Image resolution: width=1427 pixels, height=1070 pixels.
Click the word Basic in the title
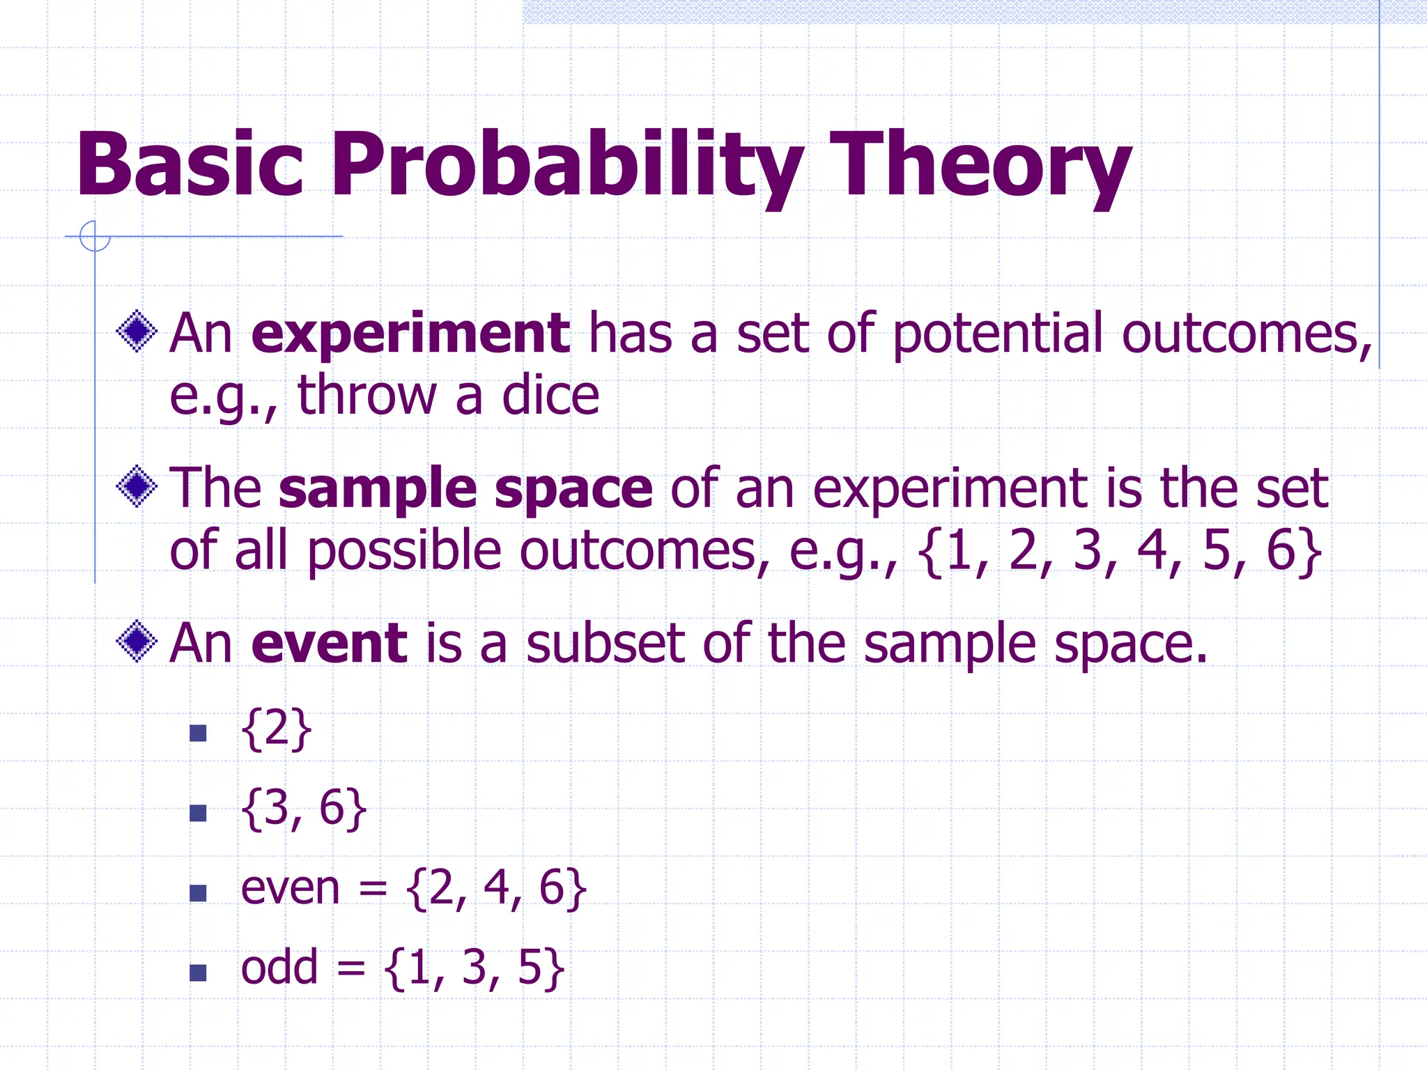190,165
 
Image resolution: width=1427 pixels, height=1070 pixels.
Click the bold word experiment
411,334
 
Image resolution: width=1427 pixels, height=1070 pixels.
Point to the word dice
550,396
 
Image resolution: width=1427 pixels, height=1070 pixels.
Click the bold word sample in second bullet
378,489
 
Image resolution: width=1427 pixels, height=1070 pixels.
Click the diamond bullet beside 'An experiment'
137,331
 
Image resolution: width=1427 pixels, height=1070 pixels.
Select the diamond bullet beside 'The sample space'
137,486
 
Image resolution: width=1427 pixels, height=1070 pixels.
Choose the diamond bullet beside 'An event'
137,641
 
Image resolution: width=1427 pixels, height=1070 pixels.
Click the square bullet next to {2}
199,733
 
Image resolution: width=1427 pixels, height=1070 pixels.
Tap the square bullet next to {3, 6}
199,813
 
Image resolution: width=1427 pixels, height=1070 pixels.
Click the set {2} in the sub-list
276,729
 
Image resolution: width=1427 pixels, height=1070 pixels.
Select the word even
290,889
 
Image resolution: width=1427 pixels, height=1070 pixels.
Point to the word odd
279,968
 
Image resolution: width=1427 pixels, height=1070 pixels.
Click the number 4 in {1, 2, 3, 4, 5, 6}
1152,550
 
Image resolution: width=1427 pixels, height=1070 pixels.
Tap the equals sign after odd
351,969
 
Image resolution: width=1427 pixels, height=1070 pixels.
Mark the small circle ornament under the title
95,236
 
